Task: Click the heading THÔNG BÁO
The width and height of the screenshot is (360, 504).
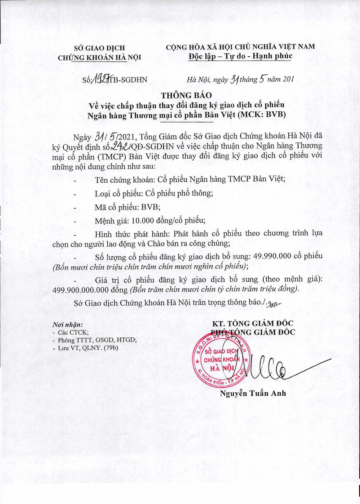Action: [180, 95]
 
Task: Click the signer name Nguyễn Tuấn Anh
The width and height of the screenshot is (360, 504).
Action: [252, 394]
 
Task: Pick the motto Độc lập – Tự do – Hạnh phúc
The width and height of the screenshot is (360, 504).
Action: [240, 56]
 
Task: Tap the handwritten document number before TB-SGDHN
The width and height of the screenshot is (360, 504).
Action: [100, 79]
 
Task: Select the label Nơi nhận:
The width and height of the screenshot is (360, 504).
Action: [67, 324]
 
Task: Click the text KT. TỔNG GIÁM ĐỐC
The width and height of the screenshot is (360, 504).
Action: [253, 324]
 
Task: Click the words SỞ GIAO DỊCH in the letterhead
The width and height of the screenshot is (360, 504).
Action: [99, 48]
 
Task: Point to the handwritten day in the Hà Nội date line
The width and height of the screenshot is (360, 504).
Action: [235, 79]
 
